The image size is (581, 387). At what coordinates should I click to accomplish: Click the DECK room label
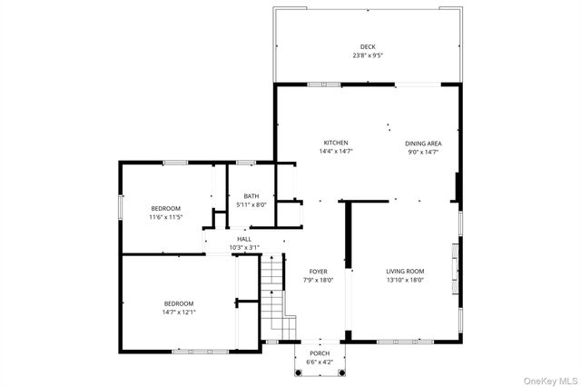[x=367, y=47]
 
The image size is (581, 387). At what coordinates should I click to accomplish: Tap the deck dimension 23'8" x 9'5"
[x=367, y=55]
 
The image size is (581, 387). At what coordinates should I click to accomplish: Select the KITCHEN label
[x=336, y=143]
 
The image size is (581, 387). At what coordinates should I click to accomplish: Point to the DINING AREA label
[x=422, y=143]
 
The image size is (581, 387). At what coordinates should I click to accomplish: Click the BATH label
[x=251, y=196]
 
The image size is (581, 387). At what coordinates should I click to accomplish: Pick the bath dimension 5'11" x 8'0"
[x=251, y=204]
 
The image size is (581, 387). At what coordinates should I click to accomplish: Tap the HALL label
[x=244, y=239]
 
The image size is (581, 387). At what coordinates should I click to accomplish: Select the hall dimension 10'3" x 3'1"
[x=244, y=247]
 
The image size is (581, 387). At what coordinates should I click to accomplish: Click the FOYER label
[x=318, y=272]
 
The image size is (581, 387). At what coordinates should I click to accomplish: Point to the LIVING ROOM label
[x=405, y=272]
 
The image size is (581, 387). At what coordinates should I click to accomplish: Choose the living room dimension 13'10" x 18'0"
[x=405, y=280]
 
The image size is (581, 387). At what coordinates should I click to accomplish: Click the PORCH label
[x=319, y=353]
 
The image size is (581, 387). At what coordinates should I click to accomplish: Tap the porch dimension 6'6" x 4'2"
[x=319, y=362]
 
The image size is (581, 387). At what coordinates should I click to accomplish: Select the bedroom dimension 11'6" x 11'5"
[x=166, y=217]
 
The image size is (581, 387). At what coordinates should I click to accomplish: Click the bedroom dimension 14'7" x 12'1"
[x=179, y=313]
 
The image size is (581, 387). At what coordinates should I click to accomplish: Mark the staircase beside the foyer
[x=276, y=295]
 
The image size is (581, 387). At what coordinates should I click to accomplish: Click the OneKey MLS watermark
[x=548, y=378]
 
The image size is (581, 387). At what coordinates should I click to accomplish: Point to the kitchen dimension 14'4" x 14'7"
[x=336, y=151]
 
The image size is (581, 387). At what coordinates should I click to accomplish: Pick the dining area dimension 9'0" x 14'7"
[x=422, y=151]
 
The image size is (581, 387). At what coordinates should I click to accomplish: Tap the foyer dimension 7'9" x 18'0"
[x=318, y=280]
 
